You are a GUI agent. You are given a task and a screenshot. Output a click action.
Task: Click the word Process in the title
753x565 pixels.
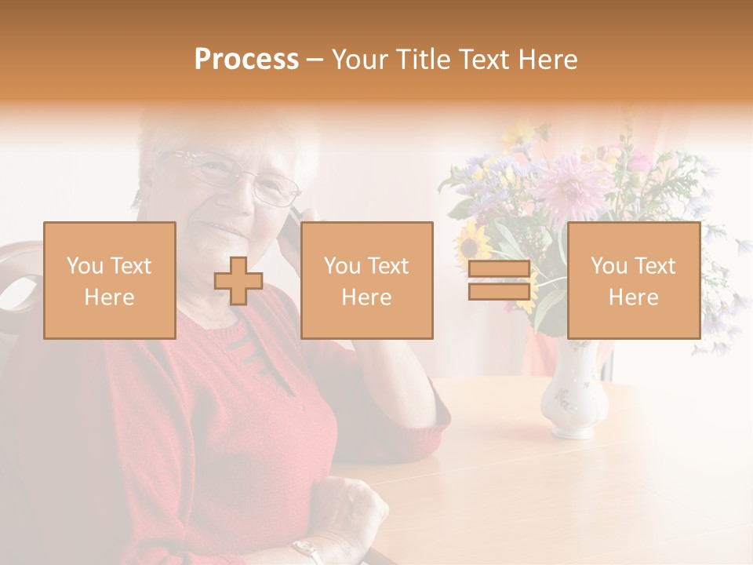tap(246, 60)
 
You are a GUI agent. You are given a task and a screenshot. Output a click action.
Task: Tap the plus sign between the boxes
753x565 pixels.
tap(238, 281)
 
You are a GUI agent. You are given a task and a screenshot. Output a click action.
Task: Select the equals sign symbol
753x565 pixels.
tap(499, 280)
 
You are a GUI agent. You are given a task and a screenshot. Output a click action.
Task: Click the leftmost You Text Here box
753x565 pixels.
tap(110, 280)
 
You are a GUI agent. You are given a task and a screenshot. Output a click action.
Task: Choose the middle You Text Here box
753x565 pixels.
tap(367, 280)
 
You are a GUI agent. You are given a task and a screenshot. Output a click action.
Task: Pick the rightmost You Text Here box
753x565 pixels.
tap(634, 280)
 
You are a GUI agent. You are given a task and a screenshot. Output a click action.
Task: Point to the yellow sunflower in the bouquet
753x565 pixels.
tap(474, 242)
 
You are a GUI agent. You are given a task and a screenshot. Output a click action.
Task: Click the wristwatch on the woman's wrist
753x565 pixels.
tap(307, 551)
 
